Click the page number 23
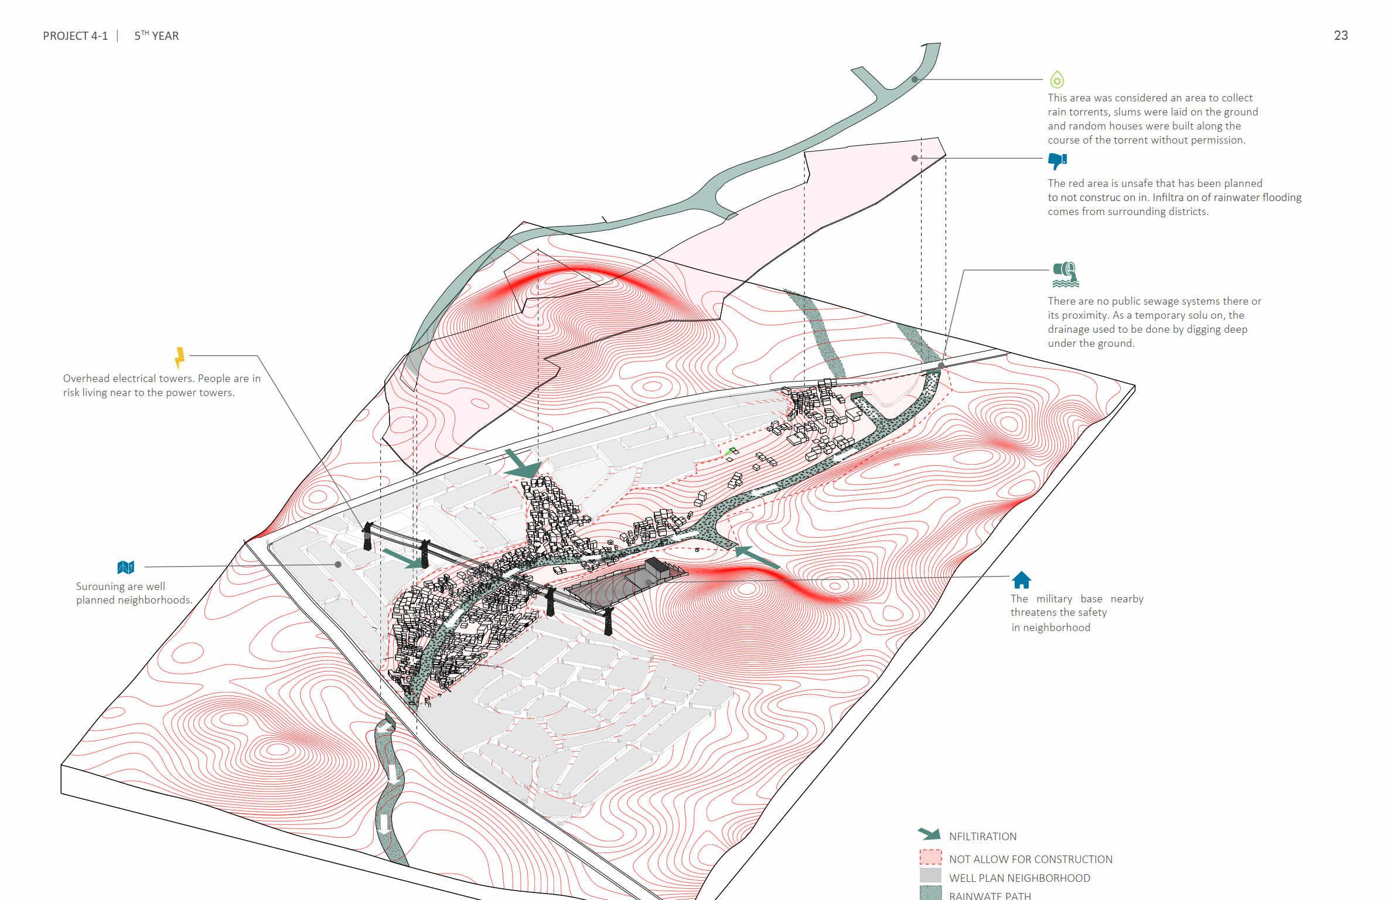1340,36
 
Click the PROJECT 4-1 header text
76,36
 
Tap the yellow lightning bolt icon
179,357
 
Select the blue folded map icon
126,567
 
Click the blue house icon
1021,580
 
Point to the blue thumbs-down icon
1057,160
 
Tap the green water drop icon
1057,79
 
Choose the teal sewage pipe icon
1066,274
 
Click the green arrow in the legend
929,834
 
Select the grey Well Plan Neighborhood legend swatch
930,875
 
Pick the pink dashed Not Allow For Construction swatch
930,857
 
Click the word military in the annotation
1054,599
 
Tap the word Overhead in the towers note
86,379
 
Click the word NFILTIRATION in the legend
982,837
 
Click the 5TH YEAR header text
156,36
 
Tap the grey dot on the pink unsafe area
915,158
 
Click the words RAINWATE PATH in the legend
990,895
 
